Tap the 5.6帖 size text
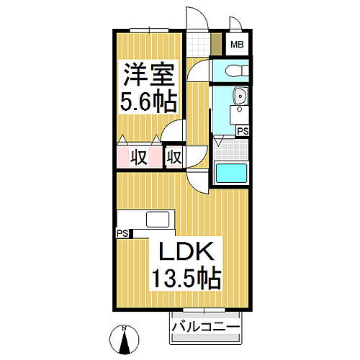147,102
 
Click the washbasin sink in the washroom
240,96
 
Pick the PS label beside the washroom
243,131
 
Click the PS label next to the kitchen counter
122,233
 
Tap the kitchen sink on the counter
158,219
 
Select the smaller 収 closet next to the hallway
174,156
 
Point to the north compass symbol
124,337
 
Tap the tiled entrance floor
201,44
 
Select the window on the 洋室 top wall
149,29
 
